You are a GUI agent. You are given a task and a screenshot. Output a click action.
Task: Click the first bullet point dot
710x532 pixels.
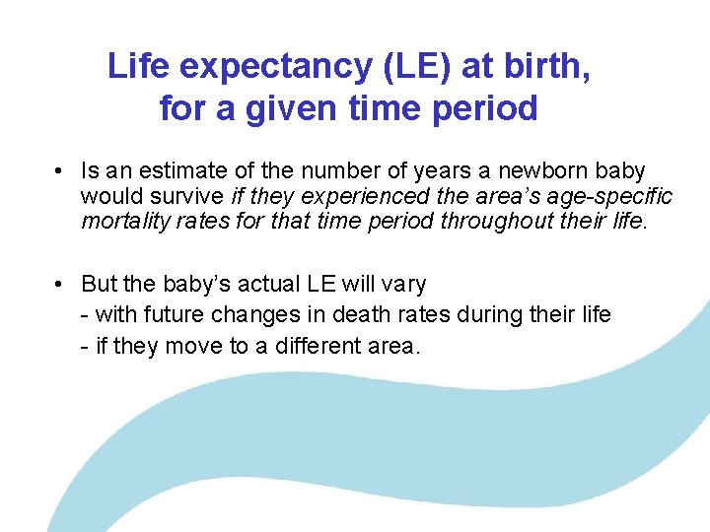(x=61, y=171)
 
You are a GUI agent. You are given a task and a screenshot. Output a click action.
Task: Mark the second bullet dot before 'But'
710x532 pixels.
(x=61, y=285)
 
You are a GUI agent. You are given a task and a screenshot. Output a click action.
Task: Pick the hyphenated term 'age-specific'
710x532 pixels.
(x=611, y=195)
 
